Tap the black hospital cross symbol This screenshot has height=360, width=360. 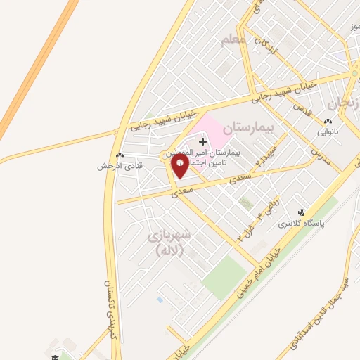203,142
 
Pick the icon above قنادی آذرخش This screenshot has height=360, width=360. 120,155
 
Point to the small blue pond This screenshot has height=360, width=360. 160,299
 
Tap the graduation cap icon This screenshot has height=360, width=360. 53,356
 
